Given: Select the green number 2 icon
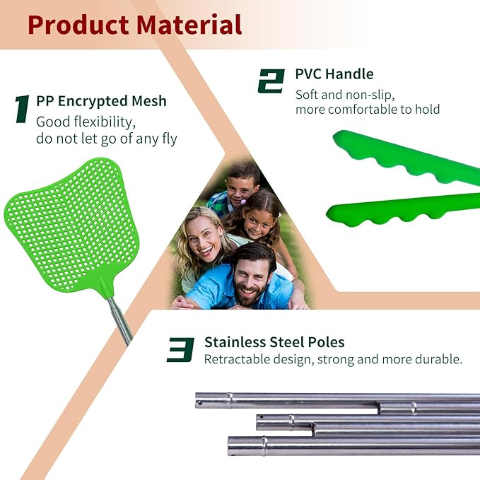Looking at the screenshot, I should pyautogui.click(x=271, y=81).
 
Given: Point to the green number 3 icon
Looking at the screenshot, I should pyautogui.click(x=181, y=349).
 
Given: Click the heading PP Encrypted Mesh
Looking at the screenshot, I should pyautogui.click(x=101, y=101).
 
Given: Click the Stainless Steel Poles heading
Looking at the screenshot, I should pyautogui.click(x=274, y=343).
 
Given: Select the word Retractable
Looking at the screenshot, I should pyautogui.click(x=237, y=359).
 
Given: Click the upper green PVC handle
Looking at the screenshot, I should pyautogui.click(x=403, y=159).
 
